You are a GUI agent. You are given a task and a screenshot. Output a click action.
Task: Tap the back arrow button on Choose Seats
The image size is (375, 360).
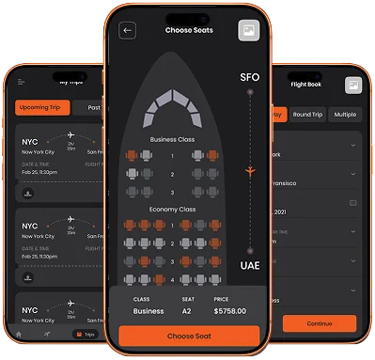[128, 30]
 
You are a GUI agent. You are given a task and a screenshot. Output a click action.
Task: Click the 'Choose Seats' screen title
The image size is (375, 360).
[189, 30]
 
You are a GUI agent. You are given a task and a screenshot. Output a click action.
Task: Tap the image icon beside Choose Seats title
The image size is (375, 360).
[248, 30]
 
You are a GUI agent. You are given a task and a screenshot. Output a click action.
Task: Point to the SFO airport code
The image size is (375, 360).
[249, 77]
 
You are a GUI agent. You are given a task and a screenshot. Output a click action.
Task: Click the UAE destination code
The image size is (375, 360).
[249, 266]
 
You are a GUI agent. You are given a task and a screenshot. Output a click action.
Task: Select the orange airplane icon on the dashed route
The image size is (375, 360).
[249, 171]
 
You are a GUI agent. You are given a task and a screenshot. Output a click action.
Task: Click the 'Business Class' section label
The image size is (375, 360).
[172, 139]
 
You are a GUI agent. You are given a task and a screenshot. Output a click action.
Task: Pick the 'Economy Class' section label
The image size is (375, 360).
[172, 209]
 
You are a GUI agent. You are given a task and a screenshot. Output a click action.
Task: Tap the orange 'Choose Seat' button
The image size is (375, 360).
[189, 336]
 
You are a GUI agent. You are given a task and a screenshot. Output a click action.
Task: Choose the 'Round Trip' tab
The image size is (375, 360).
[308, 115]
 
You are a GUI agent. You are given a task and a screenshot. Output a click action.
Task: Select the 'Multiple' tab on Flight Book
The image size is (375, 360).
[346, 115]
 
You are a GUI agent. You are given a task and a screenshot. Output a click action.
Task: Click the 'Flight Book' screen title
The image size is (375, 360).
[306, 84]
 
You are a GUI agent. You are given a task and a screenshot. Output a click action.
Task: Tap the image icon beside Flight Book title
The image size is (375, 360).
[352, 86]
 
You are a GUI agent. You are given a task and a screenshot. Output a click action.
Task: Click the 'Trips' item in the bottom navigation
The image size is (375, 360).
[86, 334]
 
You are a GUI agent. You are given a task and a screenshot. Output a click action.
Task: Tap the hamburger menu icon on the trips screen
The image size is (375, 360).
[20, 83]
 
